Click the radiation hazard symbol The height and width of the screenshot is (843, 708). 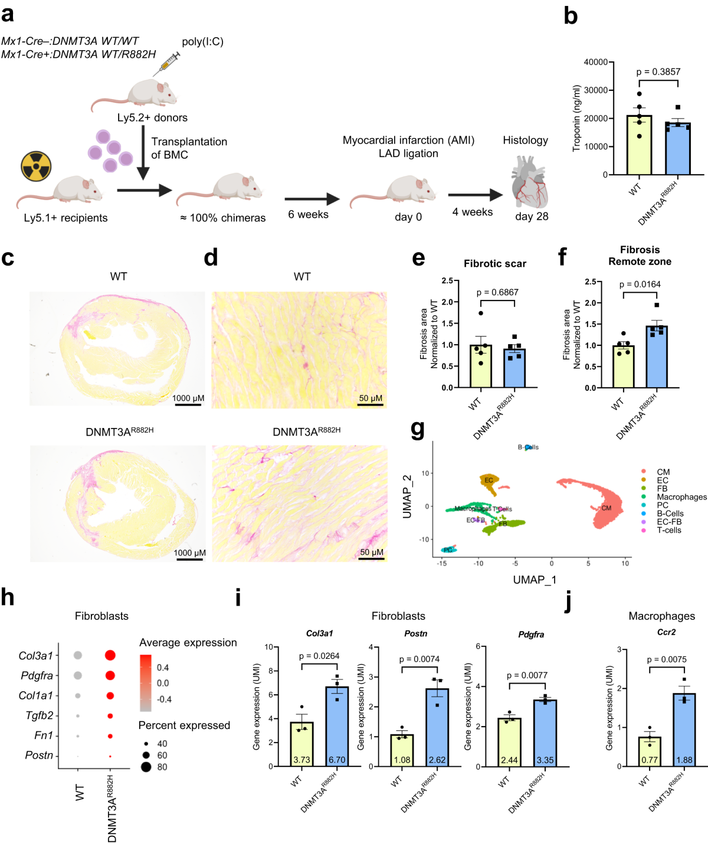[37, 166]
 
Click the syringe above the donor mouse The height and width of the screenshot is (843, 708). [166, 63]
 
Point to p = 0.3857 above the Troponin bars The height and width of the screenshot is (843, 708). [658, 72]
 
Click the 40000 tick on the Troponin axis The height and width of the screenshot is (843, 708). [595, 62]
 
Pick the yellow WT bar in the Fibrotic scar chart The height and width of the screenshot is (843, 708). [481, 366]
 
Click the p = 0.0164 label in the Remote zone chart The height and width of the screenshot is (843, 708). [640, 285]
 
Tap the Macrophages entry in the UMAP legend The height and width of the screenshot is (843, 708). [681, 497]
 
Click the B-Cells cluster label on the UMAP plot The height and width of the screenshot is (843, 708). [528, 447]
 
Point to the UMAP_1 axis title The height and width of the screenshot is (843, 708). [535, 580]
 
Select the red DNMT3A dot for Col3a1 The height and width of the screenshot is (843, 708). [110, 655]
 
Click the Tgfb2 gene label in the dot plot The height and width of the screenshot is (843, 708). [40, 715]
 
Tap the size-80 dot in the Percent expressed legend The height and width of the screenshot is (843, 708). [146, 767]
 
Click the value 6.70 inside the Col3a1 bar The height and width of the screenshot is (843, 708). [336, 760]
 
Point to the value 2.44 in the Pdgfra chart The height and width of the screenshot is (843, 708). [509, 760]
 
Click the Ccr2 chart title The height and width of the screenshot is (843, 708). [666, 632]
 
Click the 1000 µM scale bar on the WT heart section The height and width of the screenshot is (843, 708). [188, 404]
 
